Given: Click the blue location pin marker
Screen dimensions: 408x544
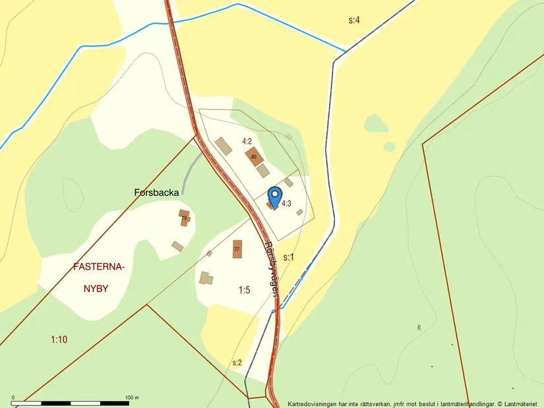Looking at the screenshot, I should [275, 196].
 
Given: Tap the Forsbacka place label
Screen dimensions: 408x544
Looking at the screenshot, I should [157, 193].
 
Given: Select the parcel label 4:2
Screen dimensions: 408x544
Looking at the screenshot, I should [247, 141].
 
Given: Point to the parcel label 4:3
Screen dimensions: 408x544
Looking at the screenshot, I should [286, 204].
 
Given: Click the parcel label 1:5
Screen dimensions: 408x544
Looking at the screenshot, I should [245, 289].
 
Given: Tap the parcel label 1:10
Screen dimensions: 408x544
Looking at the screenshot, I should [59, 339].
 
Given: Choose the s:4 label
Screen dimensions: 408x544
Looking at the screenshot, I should [354, 20].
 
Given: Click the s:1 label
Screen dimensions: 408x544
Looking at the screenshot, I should [288, 257].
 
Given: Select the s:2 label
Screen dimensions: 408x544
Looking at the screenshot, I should [237, 363].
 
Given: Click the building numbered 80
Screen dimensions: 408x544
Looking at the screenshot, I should [254, 156].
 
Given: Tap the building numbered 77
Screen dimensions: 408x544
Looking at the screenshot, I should [237, 249].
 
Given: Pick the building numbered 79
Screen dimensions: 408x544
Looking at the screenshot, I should [184, 218].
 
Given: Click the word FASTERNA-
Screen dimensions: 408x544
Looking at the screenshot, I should [99, 268].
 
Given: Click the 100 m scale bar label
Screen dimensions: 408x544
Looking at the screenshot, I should [131, 397].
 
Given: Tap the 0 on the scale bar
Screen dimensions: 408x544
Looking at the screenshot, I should [13, 397].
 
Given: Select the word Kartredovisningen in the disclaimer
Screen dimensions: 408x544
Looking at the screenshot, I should [312, 403].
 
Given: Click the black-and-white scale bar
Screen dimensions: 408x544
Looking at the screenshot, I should [73, 403].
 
